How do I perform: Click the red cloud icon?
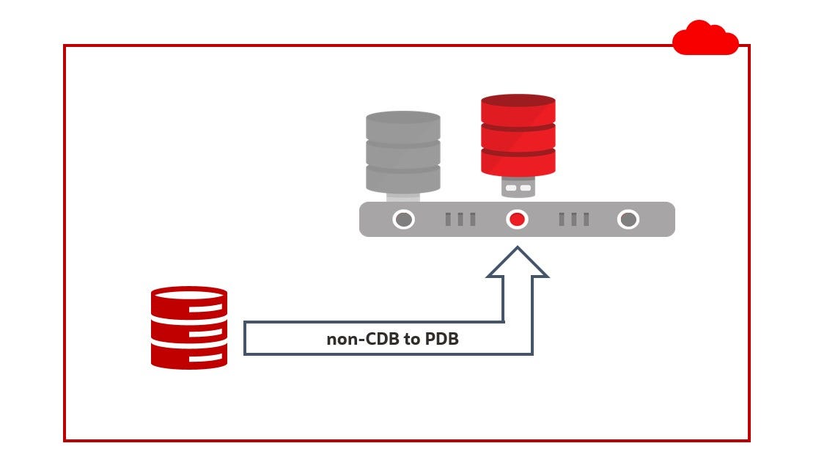[x=705, y=39]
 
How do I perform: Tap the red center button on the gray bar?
[x=517, y=219]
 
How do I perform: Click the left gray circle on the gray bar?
[x=403, y=219]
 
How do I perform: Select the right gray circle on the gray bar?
[x=628, y=219]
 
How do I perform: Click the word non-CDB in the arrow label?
[x=357, y=340]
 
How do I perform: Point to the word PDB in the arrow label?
[x=442, y=340]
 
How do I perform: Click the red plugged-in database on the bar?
[x=518, y=136]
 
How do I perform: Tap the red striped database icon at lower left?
[x=189, y=327]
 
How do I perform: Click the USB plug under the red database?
[x=518, y=187]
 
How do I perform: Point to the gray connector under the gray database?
[x=403, y=197]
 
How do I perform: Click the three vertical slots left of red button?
[x=460, y=219]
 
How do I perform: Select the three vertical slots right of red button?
[x=573, y=219]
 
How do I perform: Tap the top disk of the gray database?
[x=403, y=126]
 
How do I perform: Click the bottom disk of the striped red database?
[x=189, y=356]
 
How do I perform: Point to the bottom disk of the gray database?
[x=403, y=178]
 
